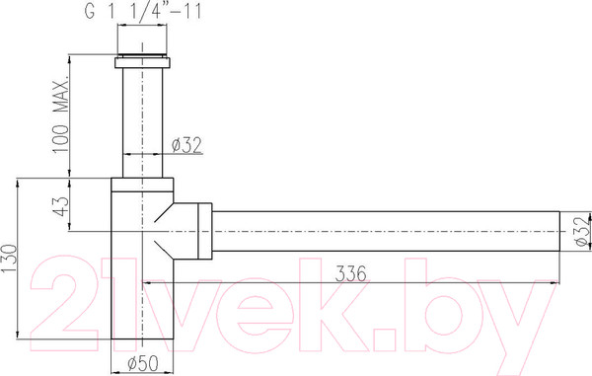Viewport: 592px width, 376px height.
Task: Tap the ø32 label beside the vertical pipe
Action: pyautogui.click(x=187, y=145)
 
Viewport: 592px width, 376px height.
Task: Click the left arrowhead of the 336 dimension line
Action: pyautogui.click(x=150, y=282)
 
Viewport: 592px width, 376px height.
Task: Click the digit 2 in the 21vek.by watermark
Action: pyautogui.click(x=69, y=296)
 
